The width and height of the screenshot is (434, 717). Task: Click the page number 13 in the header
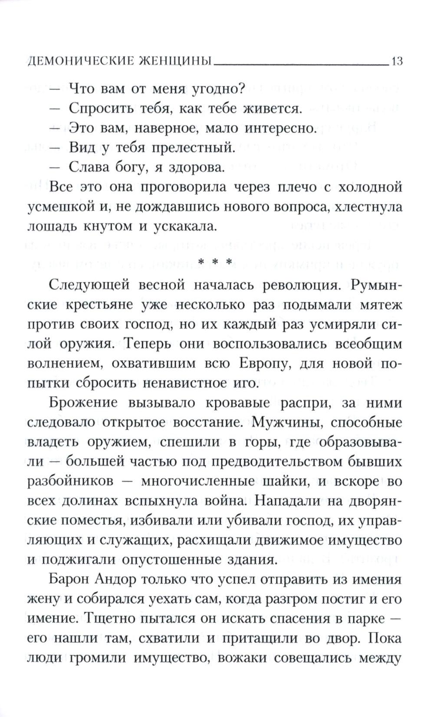[x=397, y=61]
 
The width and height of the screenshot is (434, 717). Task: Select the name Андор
[x=123, y=579]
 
